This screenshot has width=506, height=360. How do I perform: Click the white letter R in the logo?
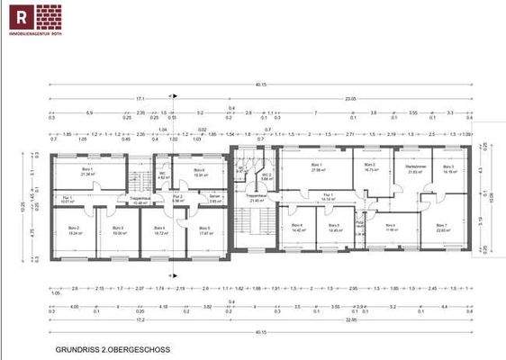18,16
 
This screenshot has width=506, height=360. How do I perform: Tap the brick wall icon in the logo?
49,16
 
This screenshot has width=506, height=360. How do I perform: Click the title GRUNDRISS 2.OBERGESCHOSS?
113,349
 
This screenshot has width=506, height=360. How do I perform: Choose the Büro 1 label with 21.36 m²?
88,171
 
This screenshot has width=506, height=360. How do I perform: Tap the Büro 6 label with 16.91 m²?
199,171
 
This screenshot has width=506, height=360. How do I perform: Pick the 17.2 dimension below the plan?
140,320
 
